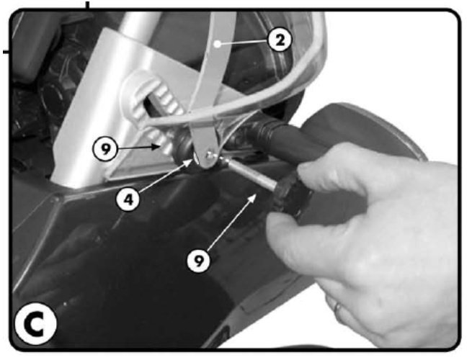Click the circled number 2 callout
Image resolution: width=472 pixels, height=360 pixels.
280,40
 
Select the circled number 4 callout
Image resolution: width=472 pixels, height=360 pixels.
128,199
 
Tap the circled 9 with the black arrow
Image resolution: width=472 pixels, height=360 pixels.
104,148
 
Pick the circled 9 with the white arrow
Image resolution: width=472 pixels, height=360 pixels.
198,261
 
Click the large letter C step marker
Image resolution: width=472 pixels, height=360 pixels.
35,324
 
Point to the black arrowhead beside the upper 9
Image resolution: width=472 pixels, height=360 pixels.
156,147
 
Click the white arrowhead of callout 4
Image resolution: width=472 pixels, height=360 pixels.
188,163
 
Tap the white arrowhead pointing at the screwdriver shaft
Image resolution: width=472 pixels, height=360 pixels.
252,197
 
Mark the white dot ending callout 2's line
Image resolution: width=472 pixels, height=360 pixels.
218,44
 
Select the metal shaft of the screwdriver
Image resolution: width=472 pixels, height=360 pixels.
251,174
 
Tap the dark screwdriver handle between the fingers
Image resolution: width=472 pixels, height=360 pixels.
291,196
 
